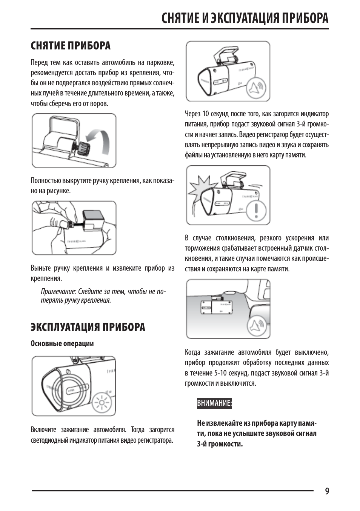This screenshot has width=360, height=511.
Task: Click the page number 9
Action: coord(327,491)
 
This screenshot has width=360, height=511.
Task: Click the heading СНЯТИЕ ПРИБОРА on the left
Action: coord(71,46)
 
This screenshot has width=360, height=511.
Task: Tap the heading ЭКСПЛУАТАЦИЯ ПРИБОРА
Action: coord(88,327)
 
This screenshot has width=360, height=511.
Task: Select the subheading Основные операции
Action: coord(62,343)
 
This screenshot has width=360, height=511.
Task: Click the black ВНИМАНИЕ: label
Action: coord(214,403)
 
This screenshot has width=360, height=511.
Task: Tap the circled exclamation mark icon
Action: coord(258,210)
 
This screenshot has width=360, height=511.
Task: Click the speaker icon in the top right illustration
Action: coord(257,88)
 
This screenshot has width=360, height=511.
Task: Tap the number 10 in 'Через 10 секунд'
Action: coord(206,114)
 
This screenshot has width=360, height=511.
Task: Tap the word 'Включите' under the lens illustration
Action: coord(43,429)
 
